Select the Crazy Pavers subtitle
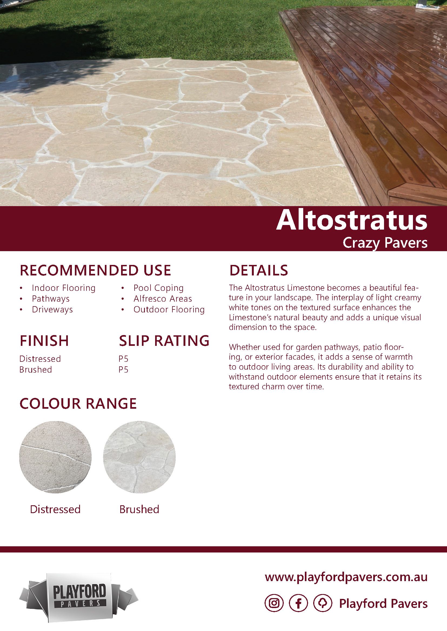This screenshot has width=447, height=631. tap(385, 243)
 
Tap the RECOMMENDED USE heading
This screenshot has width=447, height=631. tap(95, 270)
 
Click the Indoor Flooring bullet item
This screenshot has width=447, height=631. tap(64, 288)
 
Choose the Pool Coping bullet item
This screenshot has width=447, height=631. tap(158, 288)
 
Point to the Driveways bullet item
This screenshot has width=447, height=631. tap(52, 309)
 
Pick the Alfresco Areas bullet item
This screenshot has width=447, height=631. tap(163, 299)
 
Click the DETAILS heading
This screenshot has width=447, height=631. tap(258, 270)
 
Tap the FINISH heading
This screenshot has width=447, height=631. tap(44, 341)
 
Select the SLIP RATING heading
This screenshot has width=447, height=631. tap(164, 341)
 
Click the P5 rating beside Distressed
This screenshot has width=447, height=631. tap(124, 359)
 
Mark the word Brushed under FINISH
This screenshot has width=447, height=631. tap(35, 370)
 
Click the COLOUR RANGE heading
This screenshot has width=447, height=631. tap(78, 403)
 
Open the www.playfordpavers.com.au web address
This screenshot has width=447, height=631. tap(346, 577)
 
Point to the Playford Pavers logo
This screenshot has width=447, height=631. tap(79, 597)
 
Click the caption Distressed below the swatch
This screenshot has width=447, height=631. tap(55, 509)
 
